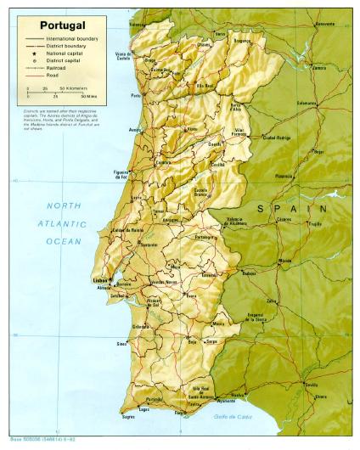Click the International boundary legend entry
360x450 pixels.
coord(72,39)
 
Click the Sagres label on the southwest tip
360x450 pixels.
coord(128,417)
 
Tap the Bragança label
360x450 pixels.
coord(242,40)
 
